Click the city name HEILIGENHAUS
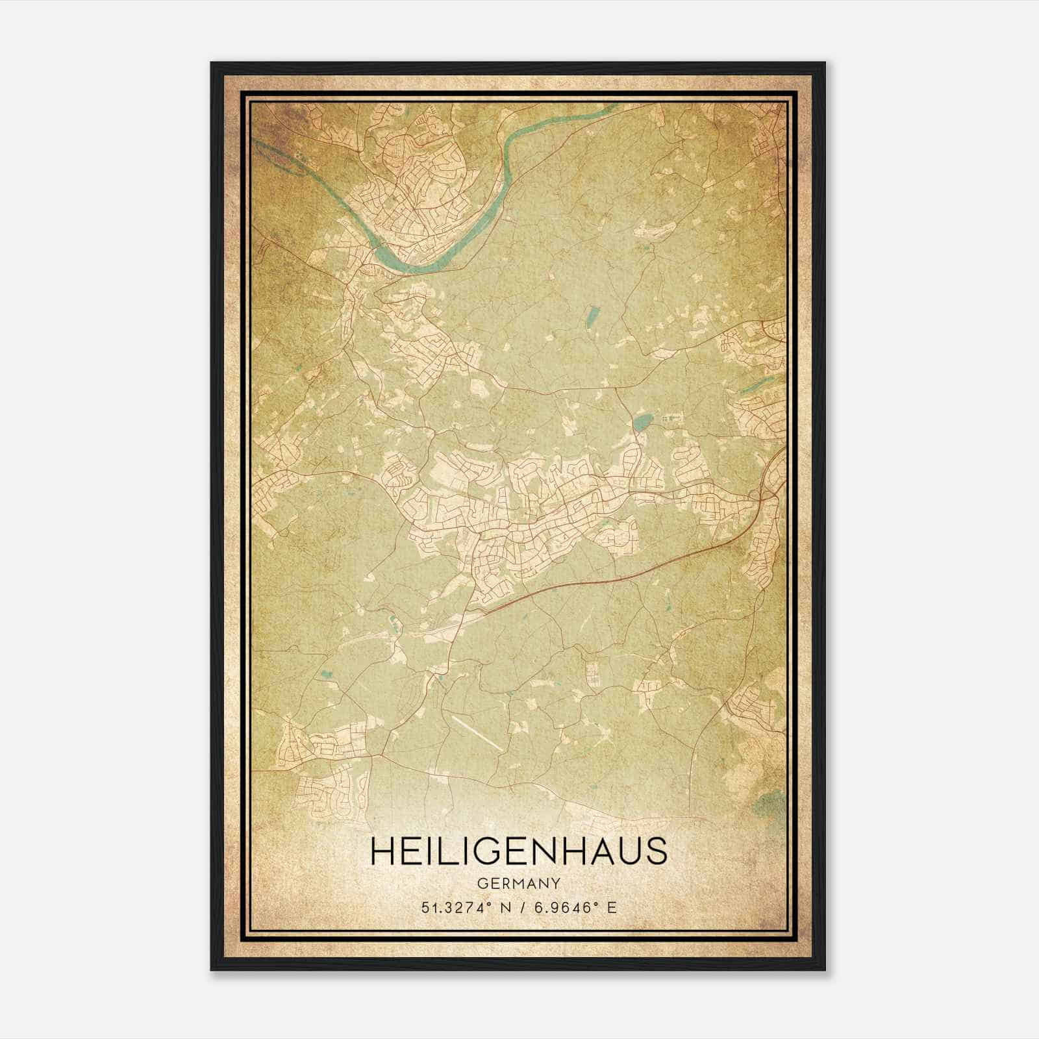(x=518, y=851)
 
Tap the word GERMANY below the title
(x=518, y=884)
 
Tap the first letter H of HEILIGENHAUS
(x=382, y=851)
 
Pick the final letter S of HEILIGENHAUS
(x=657, y=851)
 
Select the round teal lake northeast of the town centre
(x=641, y=423)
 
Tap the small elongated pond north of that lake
(x=592, y=317)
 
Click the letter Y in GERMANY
(x=556, y=884)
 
